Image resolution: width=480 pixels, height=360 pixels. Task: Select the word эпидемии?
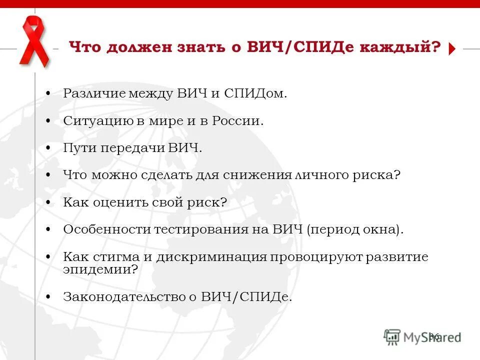click(x=100, y=269)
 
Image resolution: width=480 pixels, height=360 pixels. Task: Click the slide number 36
click(x=434, y=337)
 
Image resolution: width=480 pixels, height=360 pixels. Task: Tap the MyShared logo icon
click(x=392, y=336)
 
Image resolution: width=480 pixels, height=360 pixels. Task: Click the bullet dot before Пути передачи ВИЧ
click(x=47, y=148)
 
